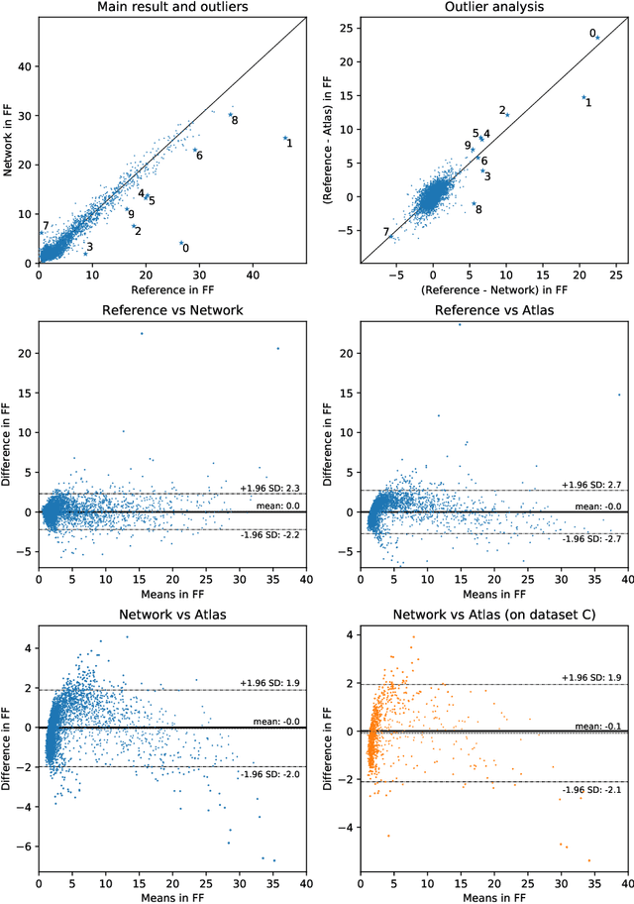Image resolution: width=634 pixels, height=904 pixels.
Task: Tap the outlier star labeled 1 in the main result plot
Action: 284,139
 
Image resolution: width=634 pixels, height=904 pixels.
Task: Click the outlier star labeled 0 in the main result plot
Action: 181,243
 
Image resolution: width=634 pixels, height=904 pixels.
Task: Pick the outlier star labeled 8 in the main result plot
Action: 230,115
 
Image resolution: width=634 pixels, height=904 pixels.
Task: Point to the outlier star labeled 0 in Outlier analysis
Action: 597,38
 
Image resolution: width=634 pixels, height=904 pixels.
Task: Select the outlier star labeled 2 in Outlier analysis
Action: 507,115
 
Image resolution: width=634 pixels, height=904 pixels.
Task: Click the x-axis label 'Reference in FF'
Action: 173,289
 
